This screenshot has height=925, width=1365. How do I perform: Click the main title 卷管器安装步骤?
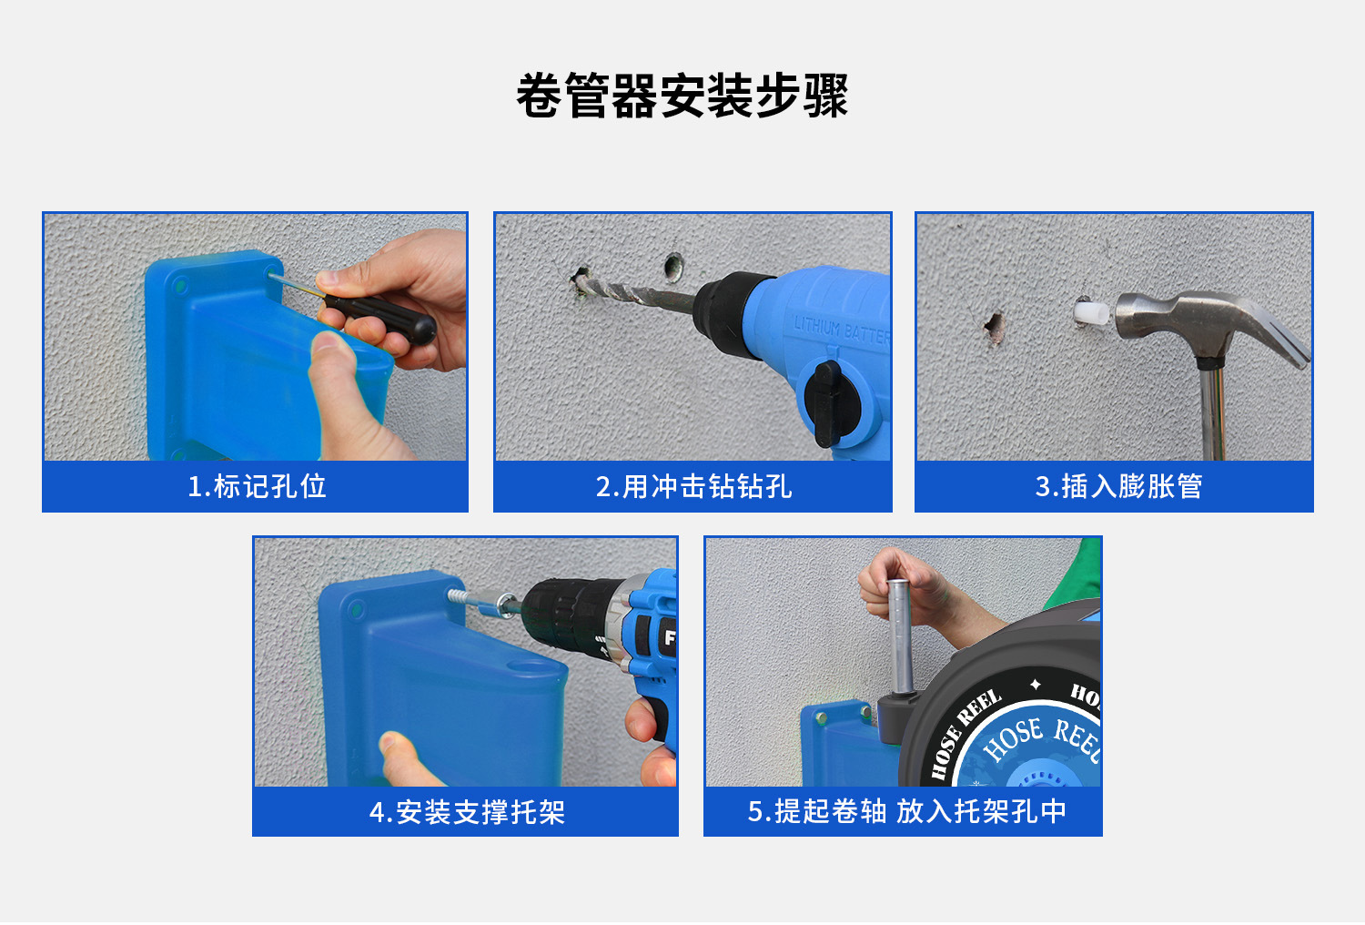[682, 95]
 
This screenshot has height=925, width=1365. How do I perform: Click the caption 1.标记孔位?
[257, 486]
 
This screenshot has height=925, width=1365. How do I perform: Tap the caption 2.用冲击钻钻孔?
[693, 486]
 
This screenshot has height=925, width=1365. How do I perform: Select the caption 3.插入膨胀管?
[1118, 486]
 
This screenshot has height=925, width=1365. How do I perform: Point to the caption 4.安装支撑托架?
[467, 812]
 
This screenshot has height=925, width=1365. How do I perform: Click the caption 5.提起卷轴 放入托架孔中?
[906, 811]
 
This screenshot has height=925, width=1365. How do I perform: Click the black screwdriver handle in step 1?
[381, 317]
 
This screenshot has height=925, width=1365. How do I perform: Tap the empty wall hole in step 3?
[995, 328]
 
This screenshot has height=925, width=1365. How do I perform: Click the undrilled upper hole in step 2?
[673, 267]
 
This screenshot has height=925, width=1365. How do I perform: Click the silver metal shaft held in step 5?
[899, 636]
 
